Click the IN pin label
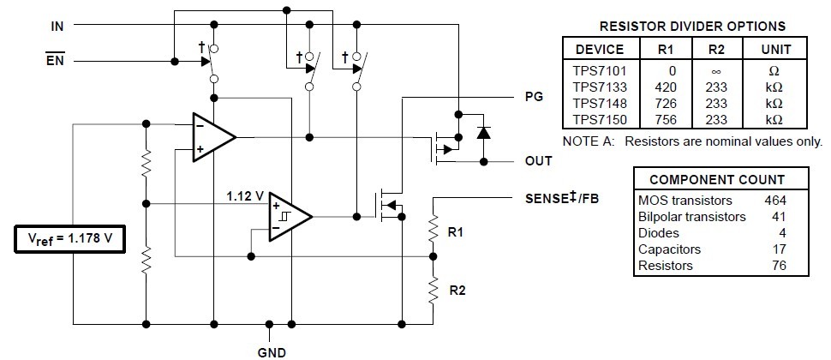click(57, 27)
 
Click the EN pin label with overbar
click(56, 61)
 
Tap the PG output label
click(534, 98)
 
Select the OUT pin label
click(538, 161)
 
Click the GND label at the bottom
click(271, 351)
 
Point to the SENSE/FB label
click(563, 199)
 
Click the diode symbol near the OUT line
click(483, 132)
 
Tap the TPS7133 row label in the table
click(599, 87)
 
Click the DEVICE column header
click(599, 49)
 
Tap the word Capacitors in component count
click(669, 249)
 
